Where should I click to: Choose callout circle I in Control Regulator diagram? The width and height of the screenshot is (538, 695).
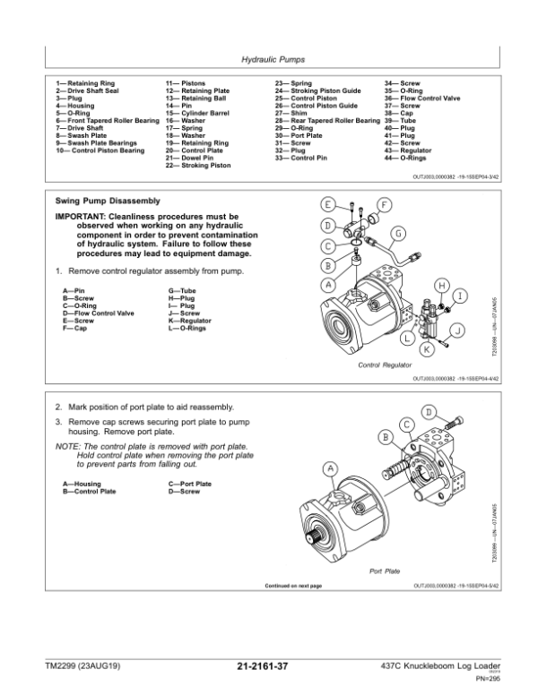pyautogui.click(x=460, y=296)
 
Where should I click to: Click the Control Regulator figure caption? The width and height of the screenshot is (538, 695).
pyautogui.click(x=384, y=365)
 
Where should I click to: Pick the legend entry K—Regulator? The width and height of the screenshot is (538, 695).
pyautogui.click(x=190, y=320)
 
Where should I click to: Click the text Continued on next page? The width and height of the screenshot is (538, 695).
pyautogui.click(x=293, y=585)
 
